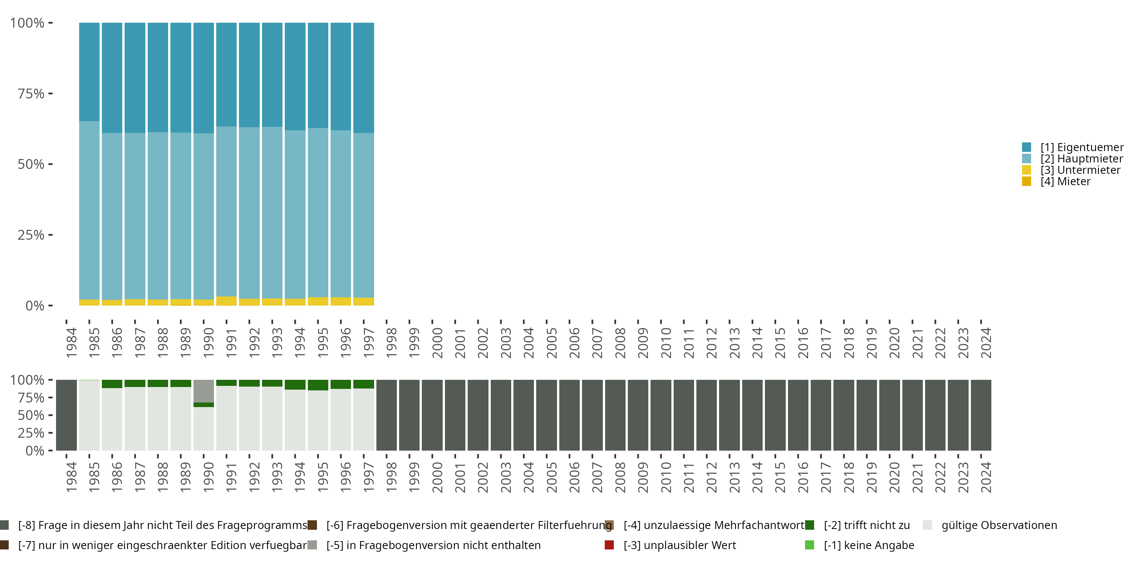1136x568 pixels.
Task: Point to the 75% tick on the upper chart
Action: click(x=31, y=94)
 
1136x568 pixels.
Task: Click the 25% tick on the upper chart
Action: click(x=31, y=235)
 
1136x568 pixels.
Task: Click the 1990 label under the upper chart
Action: click(x=208, y=343)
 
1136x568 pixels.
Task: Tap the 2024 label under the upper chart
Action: click(x=986, y=343)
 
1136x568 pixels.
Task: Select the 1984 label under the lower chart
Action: click(x=71, y=477)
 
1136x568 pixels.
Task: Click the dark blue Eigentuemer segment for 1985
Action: click(x=89, y=72)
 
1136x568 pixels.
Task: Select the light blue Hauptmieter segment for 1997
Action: click(x=364, y=215)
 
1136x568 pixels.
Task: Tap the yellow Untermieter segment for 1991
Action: click(x=226, y=301)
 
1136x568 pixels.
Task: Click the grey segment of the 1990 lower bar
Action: click(x=203, y=391)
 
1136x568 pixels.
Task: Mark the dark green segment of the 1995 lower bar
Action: click(x=318, y=385)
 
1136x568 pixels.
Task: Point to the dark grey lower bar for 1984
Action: click(x=66, y=415)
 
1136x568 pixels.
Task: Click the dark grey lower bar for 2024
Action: click(x=981, y=415)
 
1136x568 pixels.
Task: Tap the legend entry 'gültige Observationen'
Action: click(x=999, y=525)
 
